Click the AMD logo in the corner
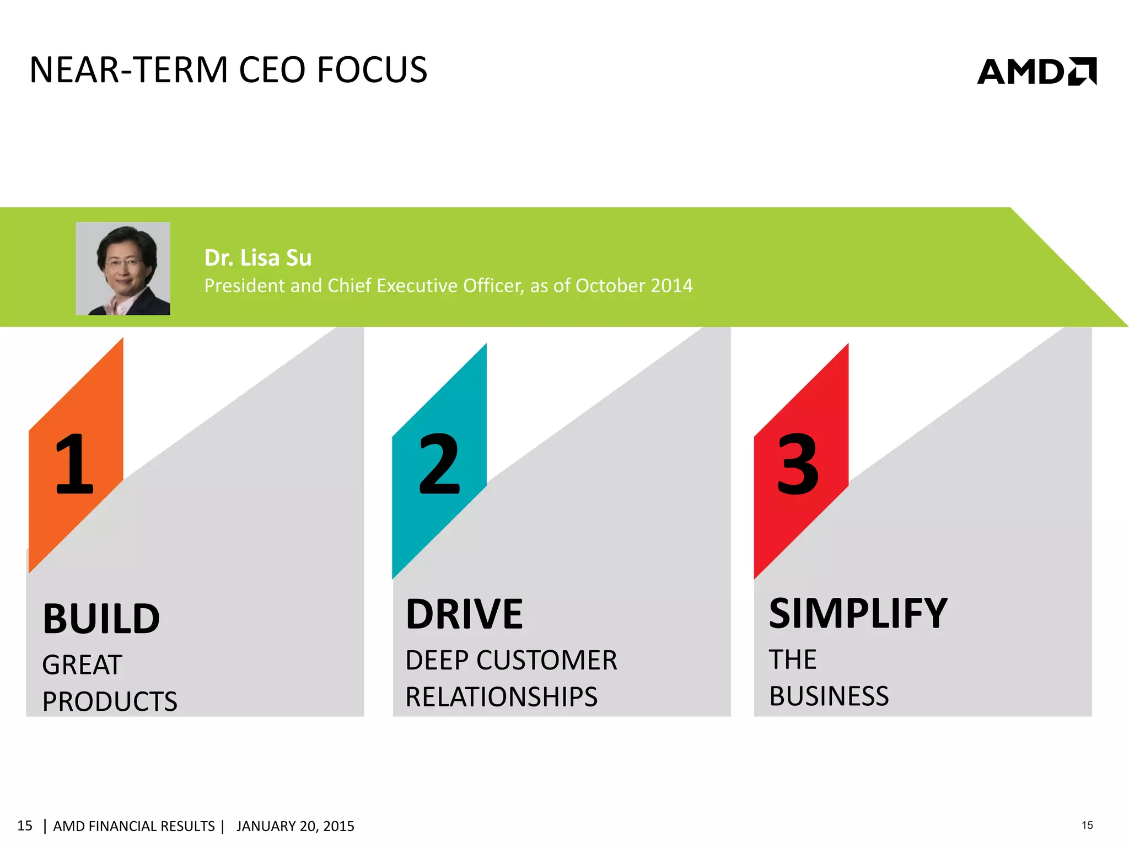[x=1036, y=72]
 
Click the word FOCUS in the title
[x=372, y=71]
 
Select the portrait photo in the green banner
[x=123, y=269]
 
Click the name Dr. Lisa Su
[x=257, y=258]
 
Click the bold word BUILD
[x=101, y=619]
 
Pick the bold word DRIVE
[x=464, y=614]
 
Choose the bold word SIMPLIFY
[x=858, y=614]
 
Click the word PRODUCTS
[x=110, y=701]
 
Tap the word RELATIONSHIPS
[x=501, y=696]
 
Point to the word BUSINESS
[x=829, y=696]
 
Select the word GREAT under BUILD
[x=82, y=664]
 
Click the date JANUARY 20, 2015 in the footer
[x=295, y=826]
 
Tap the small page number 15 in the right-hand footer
[x=1087, y=825]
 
